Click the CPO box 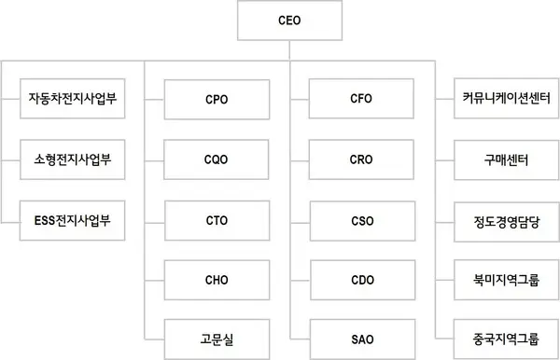tap(216, 98)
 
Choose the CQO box tap(216, 159)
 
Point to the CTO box tap(216, 222)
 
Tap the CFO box tap(361, 98)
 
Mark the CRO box tap(361, 159)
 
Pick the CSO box tap(361, 222)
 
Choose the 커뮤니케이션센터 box tap(506, 96)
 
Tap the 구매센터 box tap(506, 159)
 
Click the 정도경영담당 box tap(506, 222)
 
